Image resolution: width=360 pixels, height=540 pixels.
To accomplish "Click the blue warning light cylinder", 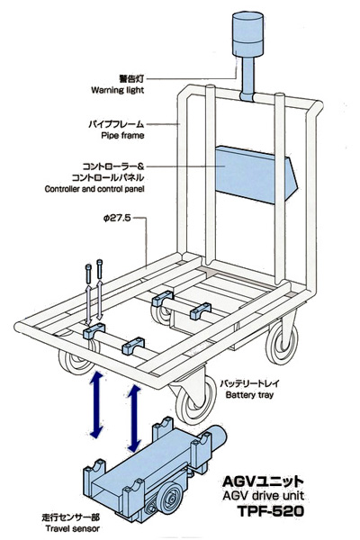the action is click(x=248, y=34).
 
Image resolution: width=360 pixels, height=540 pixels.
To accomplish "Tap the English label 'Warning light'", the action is click(x=118, y=90).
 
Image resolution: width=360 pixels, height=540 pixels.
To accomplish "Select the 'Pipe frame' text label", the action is click(x=122, y=135).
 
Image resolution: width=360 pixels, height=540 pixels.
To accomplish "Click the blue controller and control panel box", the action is click(x=256, y=174).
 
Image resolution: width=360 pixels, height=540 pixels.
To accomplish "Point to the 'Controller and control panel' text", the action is click(x=94, y=189).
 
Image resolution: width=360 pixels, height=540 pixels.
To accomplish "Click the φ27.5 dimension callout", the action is click(x=117, y=218).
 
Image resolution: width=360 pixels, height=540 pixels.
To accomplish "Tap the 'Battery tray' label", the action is click(x=249, y=395).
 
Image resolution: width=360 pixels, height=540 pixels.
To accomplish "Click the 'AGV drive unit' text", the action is click(x=263, y=496).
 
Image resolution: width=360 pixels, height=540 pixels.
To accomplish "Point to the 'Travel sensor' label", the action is click(x=73, y=528).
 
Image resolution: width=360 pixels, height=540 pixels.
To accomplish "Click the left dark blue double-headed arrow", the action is click(x=96, y=405).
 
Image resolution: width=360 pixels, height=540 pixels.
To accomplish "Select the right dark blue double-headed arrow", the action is click(x=134, y=418).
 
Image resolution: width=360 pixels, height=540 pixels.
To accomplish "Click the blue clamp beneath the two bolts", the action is click(x=94, y=330).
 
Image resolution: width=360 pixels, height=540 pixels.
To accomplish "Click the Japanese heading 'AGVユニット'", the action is click(x=263, y=481).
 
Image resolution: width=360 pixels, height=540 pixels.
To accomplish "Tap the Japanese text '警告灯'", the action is click(x=131, y=79).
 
